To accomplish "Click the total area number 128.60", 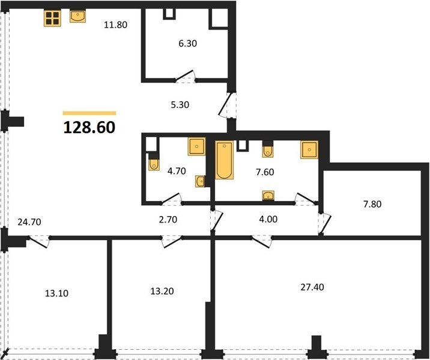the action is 89,128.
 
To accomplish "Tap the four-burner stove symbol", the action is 52,18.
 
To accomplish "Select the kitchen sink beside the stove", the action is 78,16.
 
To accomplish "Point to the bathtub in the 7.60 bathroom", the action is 225,160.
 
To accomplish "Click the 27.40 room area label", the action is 312,287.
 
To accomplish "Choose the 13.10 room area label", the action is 56,293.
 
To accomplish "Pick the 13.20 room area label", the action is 162,291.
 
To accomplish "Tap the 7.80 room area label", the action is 372,204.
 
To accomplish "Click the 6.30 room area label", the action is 188,43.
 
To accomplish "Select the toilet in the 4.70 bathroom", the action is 154,163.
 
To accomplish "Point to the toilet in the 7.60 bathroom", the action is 268,149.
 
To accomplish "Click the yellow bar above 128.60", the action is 89,113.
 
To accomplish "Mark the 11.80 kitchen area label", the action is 115,25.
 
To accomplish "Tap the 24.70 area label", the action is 29,222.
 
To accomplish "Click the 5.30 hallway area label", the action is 180,104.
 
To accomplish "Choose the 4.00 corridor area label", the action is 268,219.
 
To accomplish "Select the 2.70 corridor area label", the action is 168,220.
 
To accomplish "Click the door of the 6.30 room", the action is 185,76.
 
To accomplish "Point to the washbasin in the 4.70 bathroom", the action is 200,181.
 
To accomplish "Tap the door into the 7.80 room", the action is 325,224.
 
